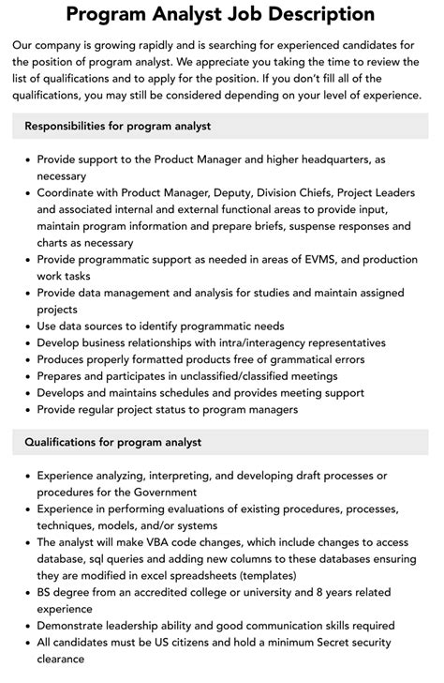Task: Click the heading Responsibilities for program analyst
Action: pyautogui.click(x=118, y=126)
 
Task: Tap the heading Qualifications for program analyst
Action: pyautogui.click(x=113, y=442)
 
